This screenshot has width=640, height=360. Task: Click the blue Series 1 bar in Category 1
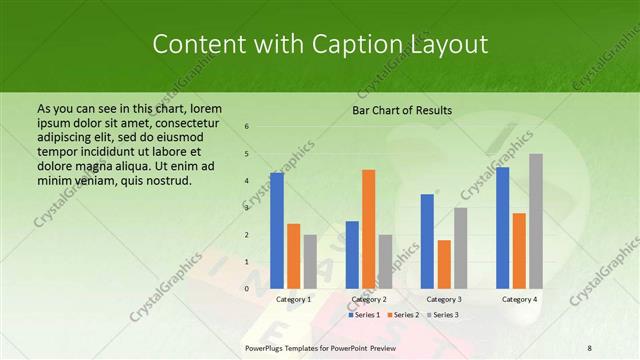point(277,231)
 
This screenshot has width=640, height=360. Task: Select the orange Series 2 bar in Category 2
point(368,229)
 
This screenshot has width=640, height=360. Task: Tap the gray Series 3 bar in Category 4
point(536,221)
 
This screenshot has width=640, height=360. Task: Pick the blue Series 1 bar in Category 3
point(427,241)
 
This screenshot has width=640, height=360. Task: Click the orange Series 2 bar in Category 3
point(444,264)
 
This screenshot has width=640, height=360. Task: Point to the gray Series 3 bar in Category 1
point(310,261)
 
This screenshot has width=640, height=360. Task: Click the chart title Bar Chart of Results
point(402,110)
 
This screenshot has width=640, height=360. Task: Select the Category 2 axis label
point(368,299)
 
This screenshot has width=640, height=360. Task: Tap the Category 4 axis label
point(519,299)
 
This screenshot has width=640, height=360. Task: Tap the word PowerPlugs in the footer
point(269,347)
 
